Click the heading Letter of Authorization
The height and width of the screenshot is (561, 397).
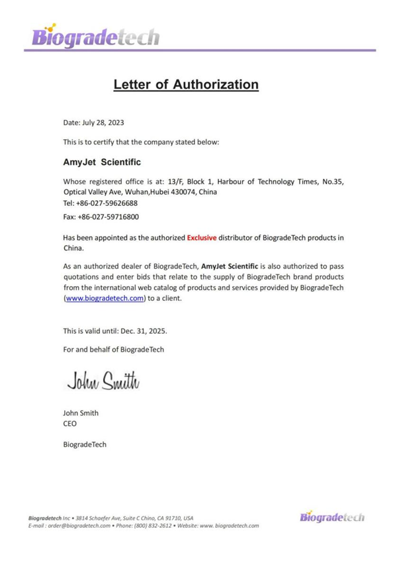pyautogui.click(x=186, y=84)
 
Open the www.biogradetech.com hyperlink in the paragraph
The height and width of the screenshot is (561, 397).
pyautogui.click(x=105, y=299)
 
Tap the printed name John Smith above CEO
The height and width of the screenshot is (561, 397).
pyautogui.click(x=81, y=413)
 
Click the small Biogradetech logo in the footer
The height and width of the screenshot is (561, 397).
pyautogui.click(x=332, y=516)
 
